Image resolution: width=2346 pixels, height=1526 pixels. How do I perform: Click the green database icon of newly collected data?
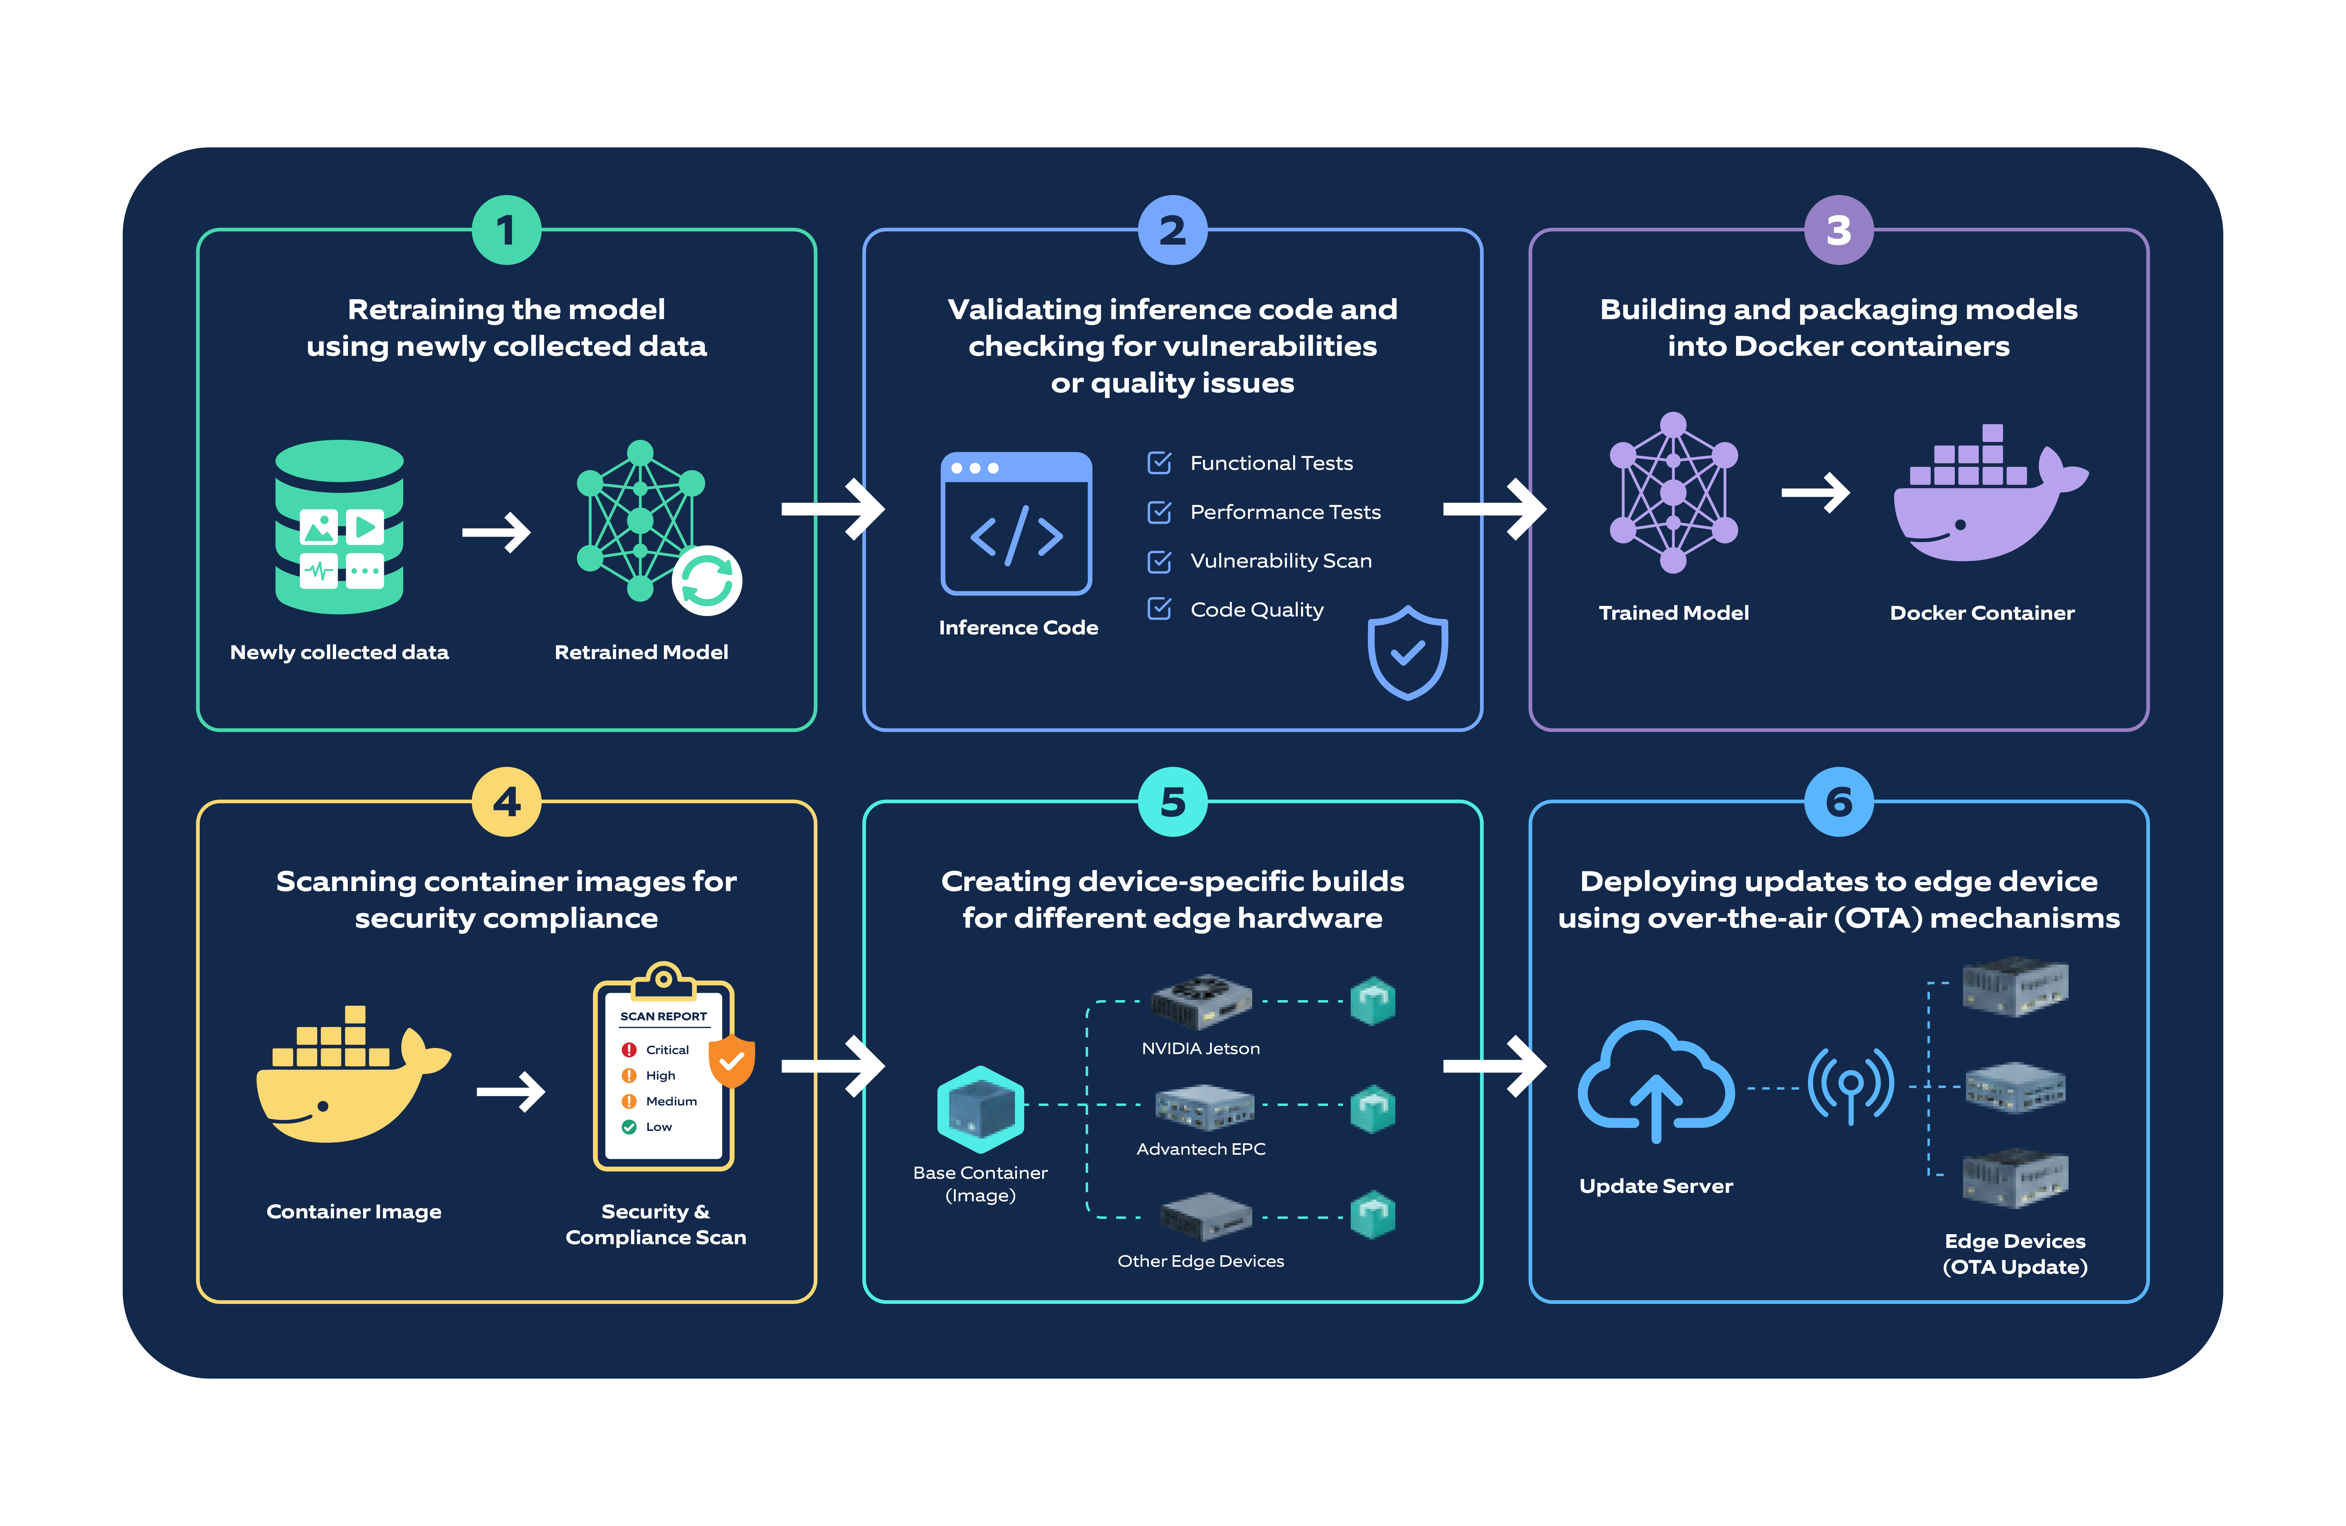click(x=339, y=527)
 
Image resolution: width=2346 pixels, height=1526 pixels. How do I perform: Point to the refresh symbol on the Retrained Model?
click(x=707, y=581)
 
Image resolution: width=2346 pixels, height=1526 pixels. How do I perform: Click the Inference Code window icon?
click(x=1016, y=524)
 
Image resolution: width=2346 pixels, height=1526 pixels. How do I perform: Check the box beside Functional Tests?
click(x=1159, y=462)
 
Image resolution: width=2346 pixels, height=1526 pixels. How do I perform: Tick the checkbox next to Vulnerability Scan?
click(x=1159, y=561)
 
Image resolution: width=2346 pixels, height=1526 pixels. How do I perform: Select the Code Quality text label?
click(x=1257, y=610)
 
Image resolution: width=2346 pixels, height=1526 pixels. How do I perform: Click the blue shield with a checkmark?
click(x=1408, y=653)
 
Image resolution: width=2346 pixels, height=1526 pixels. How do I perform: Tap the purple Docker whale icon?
click(x=1989, y=493)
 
